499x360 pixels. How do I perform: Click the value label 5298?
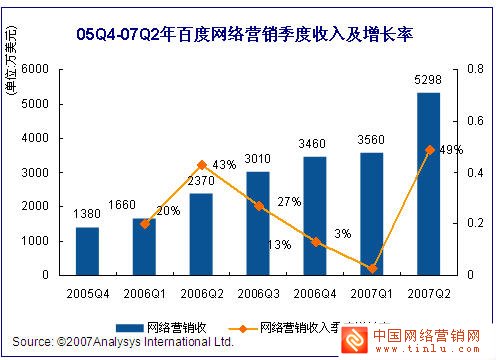[429, 81]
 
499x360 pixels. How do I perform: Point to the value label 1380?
[87, 215]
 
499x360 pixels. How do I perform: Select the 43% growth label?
[224, 165]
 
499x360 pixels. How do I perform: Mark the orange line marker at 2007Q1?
[372, 268]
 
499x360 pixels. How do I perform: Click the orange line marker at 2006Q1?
[144, 224]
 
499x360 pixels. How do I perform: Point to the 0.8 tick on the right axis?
[477, 69]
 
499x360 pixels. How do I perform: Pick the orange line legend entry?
[300, 325]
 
